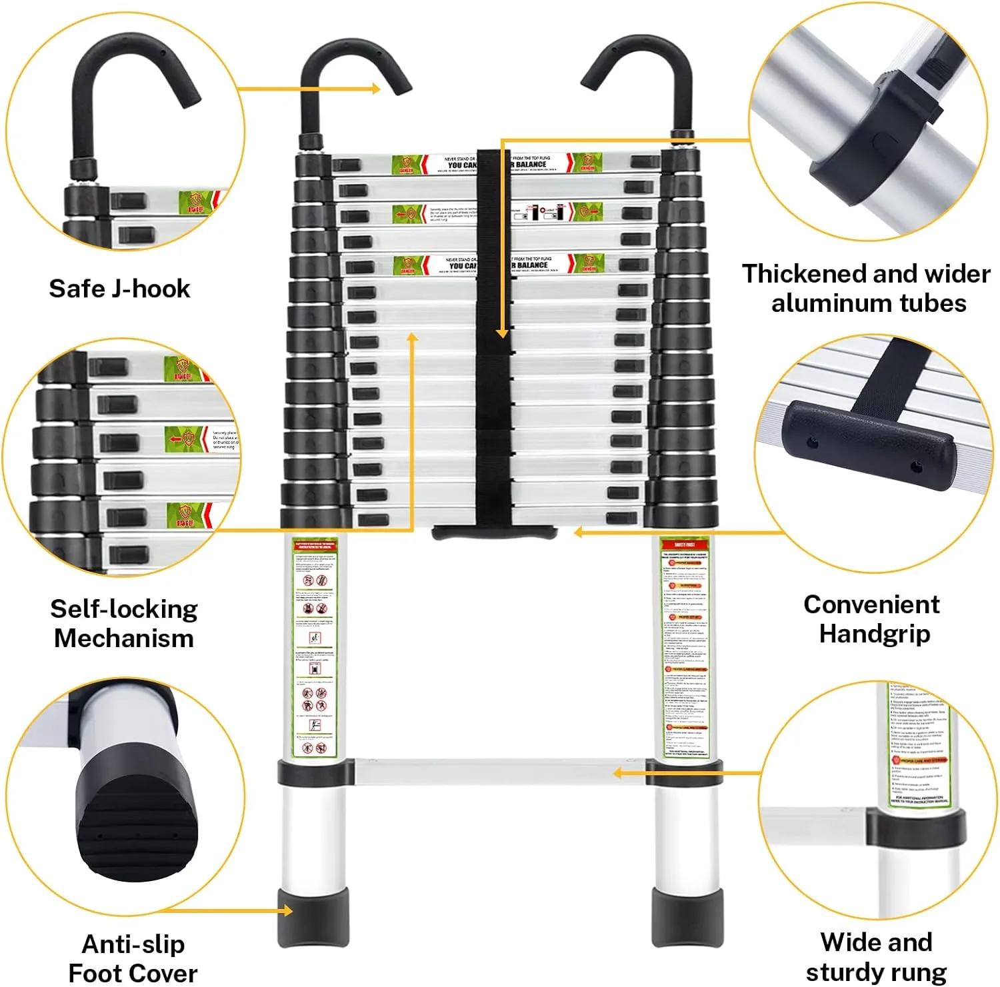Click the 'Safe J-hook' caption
point(119,289)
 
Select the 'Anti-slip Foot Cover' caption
point(133,958)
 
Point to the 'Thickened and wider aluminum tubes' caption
point(867,288)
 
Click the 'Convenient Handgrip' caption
point(873,618)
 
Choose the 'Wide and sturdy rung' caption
point(876,957)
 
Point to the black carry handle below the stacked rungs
point(494,532)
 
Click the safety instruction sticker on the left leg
point(315,646)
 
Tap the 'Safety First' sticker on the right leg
point(685,646)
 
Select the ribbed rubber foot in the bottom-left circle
point(137,826)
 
